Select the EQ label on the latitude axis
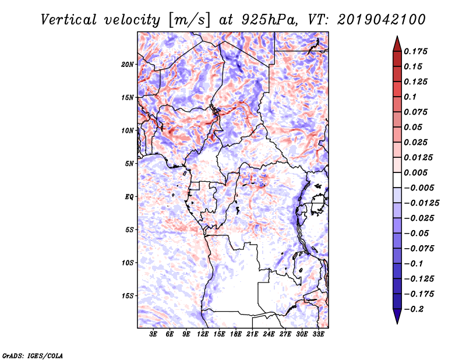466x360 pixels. point(130,197)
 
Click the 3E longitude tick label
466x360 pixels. point(154,334)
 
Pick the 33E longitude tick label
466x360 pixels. point(318,334)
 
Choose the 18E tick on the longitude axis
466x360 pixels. point(236,334)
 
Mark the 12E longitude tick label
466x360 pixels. point(203,334)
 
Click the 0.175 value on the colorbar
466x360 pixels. point(416,52)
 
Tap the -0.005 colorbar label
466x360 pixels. point(419,188)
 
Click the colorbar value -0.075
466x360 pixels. point(419,249)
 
